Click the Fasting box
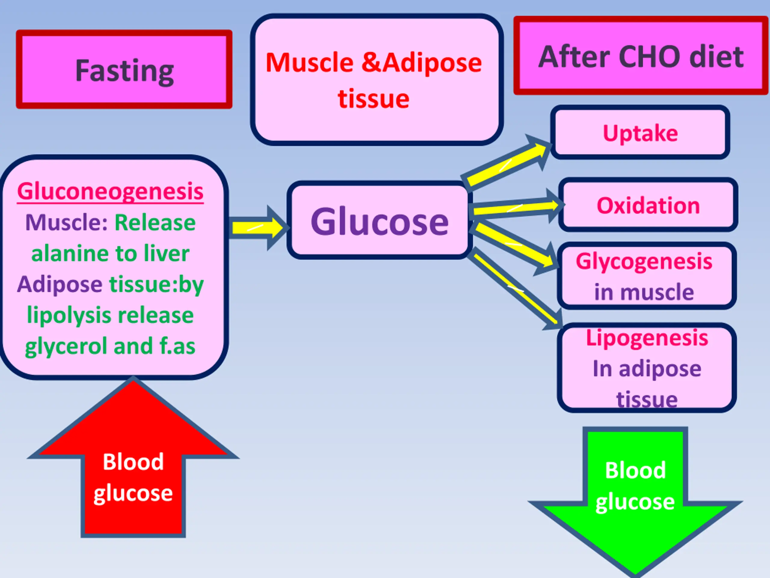[x=124, y=69]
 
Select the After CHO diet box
[x=641, y=55]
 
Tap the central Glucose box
[x=379, y=220]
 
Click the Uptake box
[x=640, y=132]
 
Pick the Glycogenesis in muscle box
[x=647, y=276]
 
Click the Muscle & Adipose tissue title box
[x=377, y=79]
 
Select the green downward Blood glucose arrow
[x=635, y=502]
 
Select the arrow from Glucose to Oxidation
[x=517, y=208]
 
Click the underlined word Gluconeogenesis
[x=110, y=191]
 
